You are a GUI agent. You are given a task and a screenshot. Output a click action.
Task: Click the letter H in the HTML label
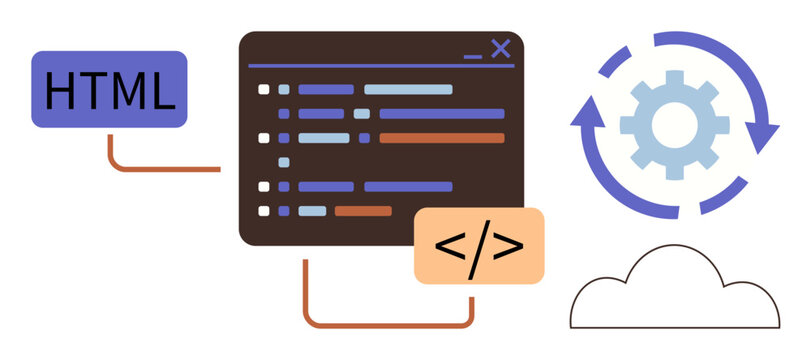click(62, 91)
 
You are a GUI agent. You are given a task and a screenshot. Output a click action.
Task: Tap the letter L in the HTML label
click(161, 91)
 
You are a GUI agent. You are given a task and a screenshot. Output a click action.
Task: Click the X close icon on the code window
click(501, 48)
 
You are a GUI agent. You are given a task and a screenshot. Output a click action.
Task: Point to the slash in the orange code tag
click(479, 246)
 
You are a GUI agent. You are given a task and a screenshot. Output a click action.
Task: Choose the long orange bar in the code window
click(441, 138)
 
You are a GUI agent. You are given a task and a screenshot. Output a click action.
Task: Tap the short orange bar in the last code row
click(362, 211)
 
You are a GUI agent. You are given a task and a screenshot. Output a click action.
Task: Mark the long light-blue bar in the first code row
click(407, 90)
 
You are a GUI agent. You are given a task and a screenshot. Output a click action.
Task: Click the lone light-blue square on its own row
click(284, 162)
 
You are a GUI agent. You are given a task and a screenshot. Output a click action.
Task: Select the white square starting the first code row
click(264, 90)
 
